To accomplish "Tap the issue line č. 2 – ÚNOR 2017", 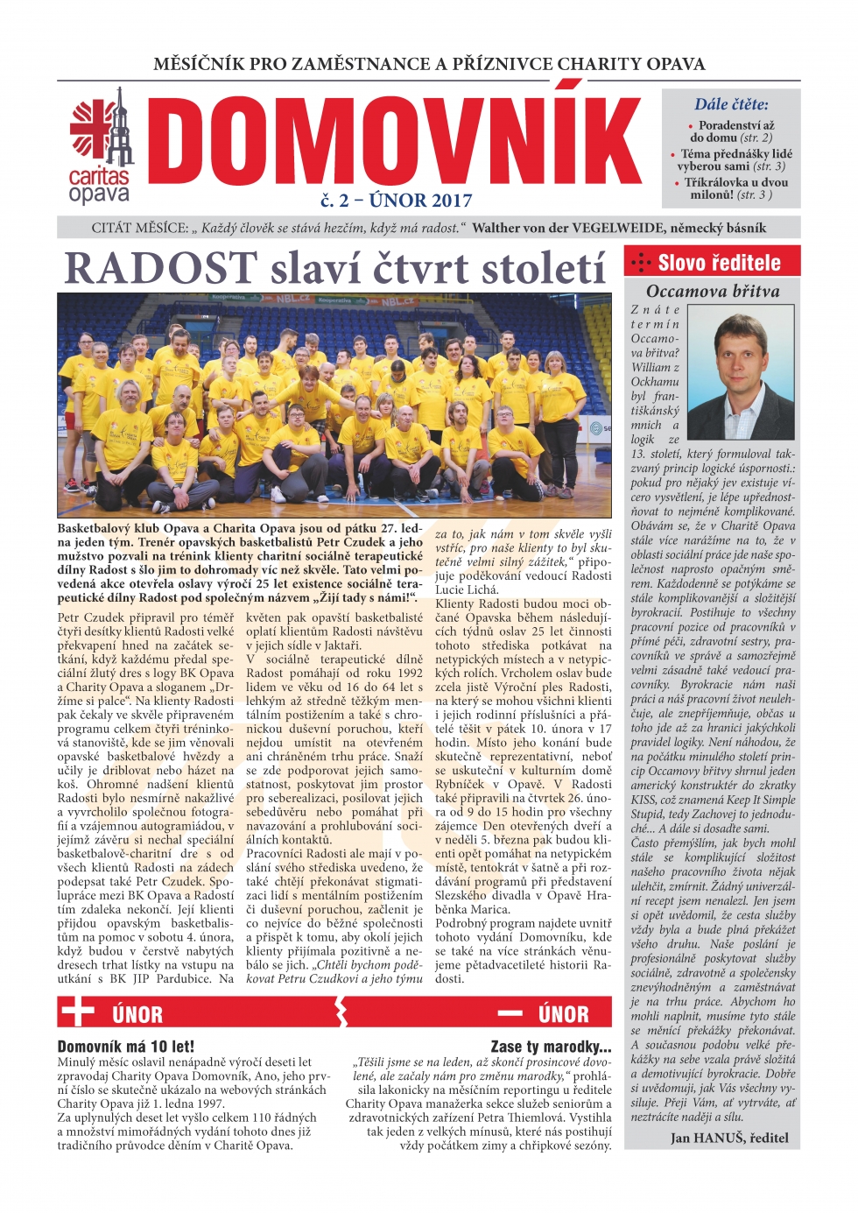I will (x=396, y=201).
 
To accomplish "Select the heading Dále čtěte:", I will (x=731, y=104).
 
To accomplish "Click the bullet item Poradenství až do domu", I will (x=732, y=131).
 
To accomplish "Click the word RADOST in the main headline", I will (x=161, y=268).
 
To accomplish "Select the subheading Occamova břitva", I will (x=713, y=292).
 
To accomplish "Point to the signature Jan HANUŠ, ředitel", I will (x=729, y=1138).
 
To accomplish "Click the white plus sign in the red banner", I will (x=78, y=1012).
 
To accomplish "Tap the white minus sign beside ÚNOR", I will (x=510, y=1013).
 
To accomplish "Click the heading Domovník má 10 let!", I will (x=126, y=1046).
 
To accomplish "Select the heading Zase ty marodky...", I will (x=551, y=1046).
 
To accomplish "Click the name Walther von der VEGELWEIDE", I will (x=570, y=228).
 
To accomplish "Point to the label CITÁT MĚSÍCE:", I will (x=139, y=228).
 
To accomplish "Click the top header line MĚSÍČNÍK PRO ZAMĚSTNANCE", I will (x=429, y=64).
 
